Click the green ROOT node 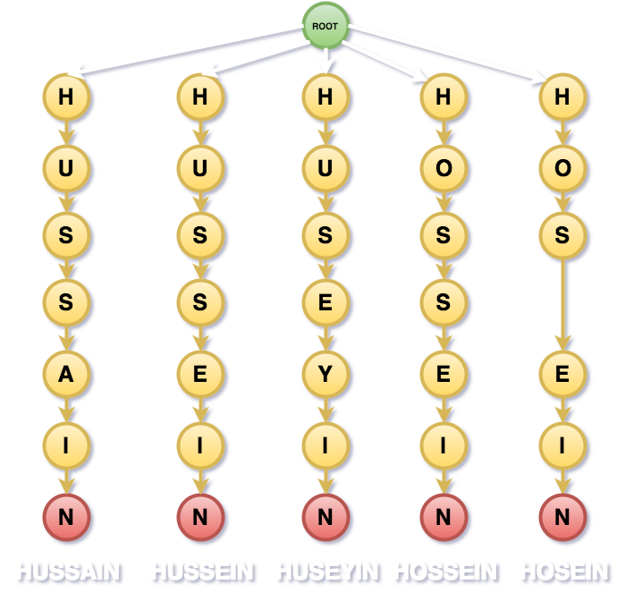pos(325,26)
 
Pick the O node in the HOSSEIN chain pos(443,165)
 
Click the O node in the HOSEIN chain pos(562,165)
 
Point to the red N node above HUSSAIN pos(66,516)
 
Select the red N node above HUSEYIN pos(325,516)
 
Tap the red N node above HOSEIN pos(562,516)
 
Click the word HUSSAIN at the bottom pos(68,571)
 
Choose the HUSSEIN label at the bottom pos(202,571)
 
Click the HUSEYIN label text pos(327,571)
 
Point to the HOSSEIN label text pos(445,571)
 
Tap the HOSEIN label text pos(564,571)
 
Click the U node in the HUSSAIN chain pos(66,165)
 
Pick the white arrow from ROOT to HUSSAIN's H pos(188,49)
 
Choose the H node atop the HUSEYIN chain pos(325,96)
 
